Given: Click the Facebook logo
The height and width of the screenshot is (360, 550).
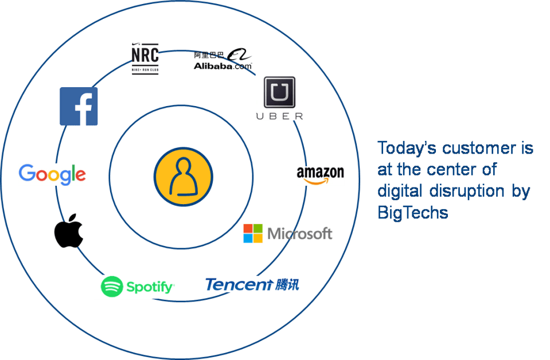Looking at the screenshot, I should point(79,106).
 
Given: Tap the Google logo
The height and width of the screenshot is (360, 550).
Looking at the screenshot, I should point(52,174).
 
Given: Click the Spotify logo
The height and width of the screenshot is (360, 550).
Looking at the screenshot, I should point(136,287).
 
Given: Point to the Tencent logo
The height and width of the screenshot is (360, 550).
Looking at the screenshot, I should point(252,284).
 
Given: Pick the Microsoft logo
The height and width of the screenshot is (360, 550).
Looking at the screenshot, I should point(288,233).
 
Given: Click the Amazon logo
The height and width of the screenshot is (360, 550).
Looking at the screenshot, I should point(320,175).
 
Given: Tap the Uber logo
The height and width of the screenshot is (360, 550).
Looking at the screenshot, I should point(279,97).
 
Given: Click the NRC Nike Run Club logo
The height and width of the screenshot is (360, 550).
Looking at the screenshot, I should point(145,58).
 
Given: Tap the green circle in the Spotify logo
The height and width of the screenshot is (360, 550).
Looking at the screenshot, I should point(112,287).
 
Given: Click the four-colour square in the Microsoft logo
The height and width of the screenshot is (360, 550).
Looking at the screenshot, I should point(252,233).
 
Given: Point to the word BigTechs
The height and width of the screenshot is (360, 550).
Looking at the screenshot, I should point(413,213).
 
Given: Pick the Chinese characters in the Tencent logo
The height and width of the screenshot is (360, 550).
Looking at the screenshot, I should point(287,284).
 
